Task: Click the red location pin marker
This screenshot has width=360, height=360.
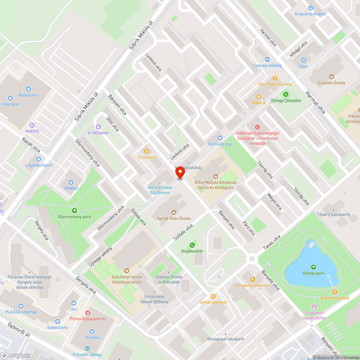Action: [180, 173]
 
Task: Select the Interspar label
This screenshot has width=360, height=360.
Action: [10, 104]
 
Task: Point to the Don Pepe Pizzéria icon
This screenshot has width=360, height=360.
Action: [275, 78]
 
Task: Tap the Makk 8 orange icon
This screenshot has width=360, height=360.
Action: [258, 96]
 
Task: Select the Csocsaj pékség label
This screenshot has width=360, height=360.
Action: [267, 66]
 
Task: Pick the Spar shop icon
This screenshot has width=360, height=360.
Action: [303, 60]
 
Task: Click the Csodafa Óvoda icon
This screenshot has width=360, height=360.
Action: [331, 76]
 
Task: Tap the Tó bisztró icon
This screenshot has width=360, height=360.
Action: [146, 151]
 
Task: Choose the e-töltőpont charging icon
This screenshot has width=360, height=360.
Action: [98, 127]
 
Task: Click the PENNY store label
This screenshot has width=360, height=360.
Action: [71, 189]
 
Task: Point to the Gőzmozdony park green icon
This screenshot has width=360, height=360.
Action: [74, 211]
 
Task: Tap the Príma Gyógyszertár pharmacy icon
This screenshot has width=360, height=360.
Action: [88, 312]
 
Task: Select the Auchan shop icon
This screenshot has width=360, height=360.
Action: [93, 331]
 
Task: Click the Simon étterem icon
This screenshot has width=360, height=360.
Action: [213, 296]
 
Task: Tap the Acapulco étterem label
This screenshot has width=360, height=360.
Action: [252, 285]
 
